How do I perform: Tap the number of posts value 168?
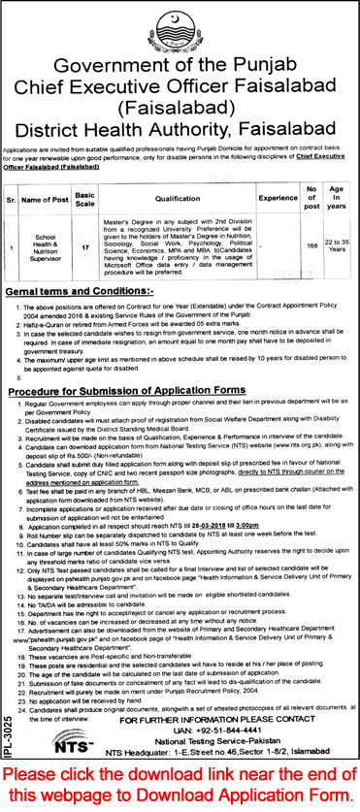coord(311,246)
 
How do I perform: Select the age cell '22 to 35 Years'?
coord(338,246)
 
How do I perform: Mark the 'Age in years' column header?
coord(338,200)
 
